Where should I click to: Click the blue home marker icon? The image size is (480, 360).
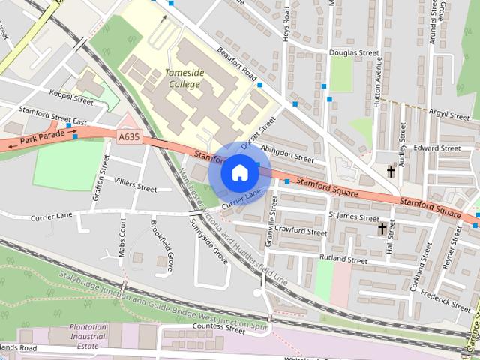click(x=239, y=172)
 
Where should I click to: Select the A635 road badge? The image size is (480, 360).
click(x=128, y=136)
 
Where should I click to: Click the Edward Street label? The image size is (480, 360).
click(x=436, y=148)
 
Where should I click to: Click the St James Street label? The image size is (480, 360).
click(x=354, y=217)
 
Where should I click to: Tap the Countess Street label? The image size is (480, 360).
click(x=198, y=327)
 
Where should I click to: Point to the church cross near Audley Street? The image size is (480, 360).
click(x=391, y=171)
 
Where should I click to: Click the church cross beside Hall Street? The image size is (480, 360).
click(x=382, y=228)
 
